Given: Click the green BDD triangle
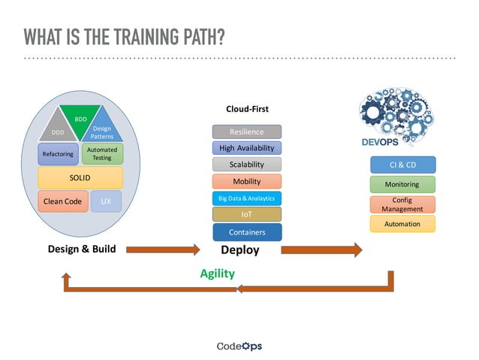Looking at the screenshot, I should pyautogui.click(x=80, y=119).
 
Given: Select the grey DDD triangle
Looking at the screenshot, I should pyautogui.click(x=58, y=132).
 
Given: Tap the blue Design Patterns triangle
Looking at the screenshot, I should pyautogui.click(x=102, y=132).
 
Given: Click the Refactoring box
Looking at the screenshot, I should pyautogui.click(x=58, y=154).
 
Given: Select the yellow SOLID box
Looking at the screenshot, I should pyautogui.click(x=80, y=177).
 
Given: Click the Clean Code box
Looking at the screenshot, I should pyautogui.click(x=62, y=201).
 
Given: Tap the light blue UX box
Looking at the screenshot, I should pyautogui.click(x=106, y=201).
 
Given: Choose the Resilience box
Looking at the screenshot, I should pyautogui.click(x=246, y=132).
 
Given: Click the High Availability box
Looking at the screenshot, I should pyautogui.click(x=246, y=148).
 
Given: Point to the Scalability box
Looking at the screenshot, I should pyautogui.click(x=246, y=165).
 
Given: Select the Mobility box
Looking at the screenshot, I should pyautogui.click(x=246, y=181).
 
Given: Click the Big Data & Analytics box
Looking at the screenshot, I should pyautogui.click(x=246, y=198).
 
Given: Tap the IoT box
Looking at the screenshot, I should pyautogui.click(x=246, y=215).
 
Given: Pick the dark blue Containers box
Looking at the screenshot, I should pyautogui.click(x=246, y=232).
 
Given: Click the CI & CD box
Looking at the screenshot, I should pyautogui.click(x=402, y=165).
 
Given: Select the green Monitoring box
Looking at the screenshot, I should pyautogui.click(x=402, y=184).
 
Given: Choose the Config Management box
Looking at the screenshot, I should pyautogui.click(x=402, y=204).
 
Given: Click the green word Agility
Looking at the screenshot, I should pyautogui.click(x=217, y=274).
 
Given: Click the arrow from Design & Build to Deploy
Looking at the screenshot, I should pyautogui.click(x=162, y=250).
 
